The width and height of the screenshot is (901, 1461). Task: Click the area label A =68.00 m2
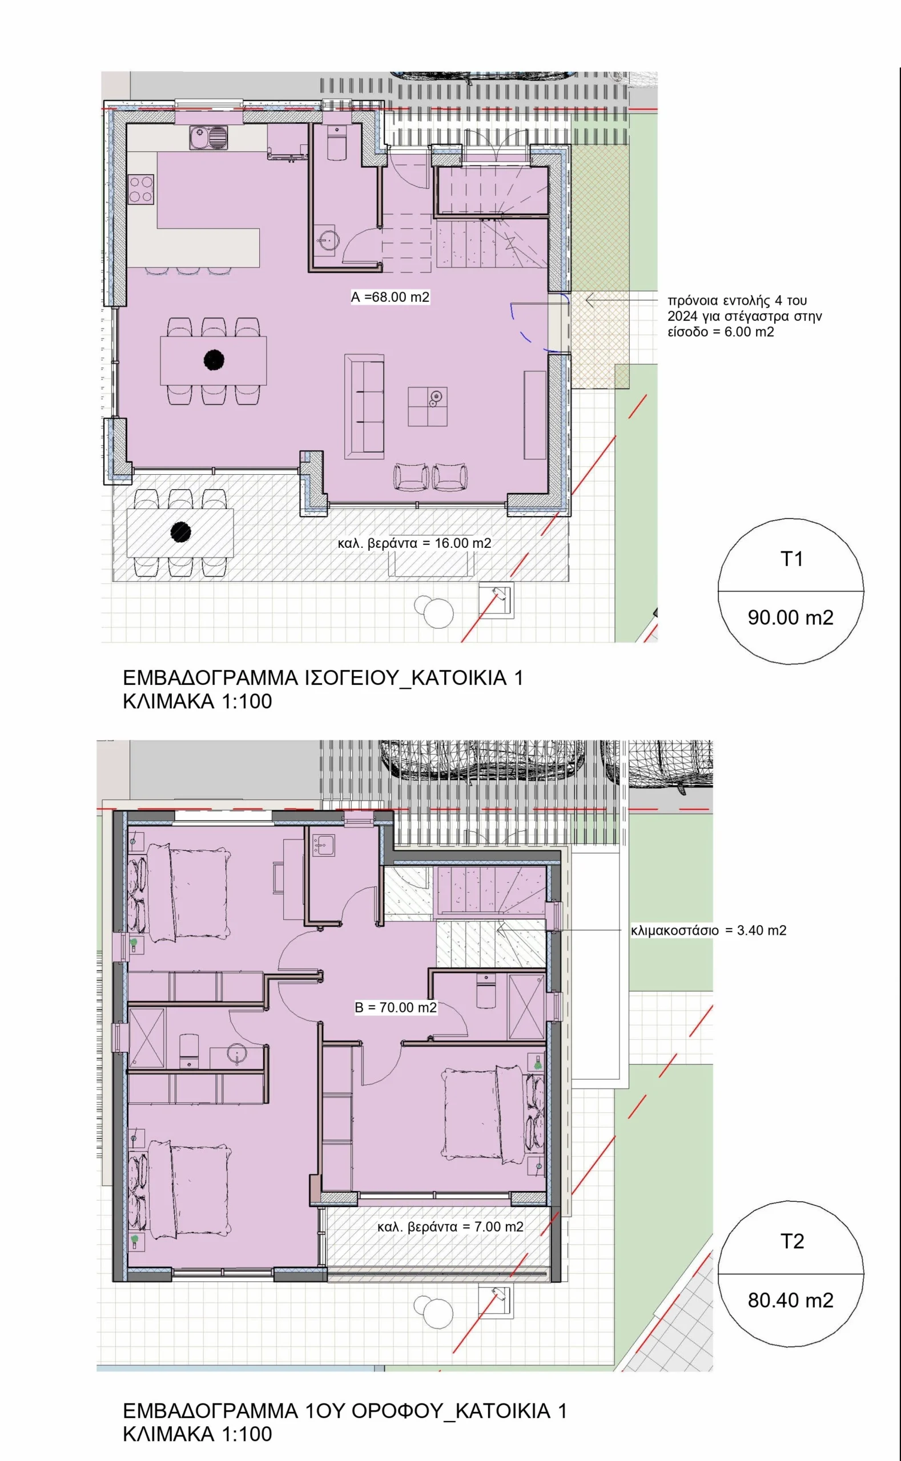(x=391, y=297)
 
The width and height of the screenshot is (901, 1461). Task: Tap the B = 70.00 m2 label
(x=396, y=1007)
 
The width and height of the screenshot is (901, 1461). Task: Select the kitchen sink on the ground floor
(x=208, y=138)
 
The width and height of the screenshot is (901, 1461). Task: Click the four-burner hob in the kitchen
(x=141, y=189)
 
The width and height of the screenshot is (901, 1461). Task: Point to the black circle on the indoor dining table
(x=214, y=359)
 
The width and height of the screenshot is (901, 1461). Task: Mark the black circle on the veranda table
(x=180, y=531)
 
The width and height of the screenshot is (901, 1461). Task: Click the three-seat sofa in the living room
(x=364, y=406)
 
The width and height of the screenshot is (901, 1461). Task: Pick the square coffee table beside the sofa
(x=428, y=406)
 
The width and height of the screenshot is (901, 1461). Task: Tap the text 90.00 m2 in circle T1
(x=790, y=618)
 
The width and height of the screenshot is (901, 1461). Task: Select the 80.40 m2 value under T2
(x=790, y=1299)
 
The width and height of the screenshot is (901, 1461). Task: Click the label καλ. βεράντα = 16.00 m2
(x=415, y=543)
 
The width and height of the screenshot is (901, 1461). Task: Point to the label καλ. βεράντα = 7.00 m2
(x=450, y=1227)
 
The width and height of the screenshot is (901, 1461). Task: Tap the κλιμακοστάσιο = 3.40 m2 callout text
(x=709, y=930)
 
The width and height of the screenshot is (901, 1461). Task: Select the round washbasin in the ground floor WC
(x=327, y=240)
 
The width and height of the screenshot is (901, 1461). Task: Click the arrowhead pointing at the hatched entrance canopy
(x=590, y=301)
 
